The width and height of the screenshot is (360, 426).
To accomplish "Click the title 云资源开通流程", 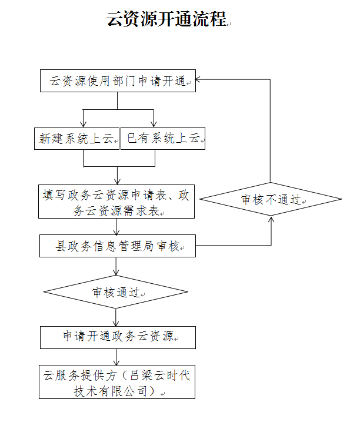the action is [x=166, y=19].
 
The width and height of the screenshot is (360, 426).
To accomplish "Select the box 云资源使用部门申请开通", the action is [x=118, y=80].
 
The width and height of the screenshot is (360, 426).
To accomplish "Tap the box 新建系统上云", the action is [x=76, y=138].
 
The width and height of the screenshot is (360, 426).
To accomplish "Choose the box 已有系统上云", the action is [x=163, y=138].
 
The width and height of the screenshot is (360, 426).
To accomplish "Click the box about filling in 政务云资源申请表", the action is [x=116, y=202].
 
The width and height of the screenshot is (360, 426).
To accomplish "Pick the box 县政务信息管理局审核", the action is [x=118, y=246].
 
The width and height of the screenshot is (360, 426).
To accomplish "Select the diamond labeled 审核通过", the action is [x=116, y=292].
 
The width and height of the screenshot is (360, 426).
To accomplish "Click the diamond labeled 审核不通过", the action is [x=271, y=199].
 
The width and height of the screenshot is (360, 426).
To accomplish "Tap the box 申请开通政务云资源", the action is [x=118, y=337].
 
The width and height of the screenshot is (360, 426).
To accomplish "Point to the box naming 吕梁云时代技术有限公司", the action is [x=117, y=382].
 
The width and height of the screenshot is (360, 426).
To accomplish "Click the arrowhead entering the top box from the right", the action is [x=198, y=79].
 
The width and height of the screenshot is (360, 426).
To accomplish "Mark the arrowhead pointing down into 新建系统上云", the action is [x=83, y=125].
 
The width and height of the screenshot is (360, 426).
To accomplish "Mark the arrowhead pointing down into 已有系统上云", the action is [x=154, y=125].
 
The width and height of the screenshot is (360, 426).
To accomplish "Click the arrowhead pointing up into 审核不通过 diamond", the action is [x=271, y=219].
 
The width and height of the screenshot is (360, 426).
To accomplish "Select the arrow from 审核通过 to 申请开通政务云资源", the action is [x=116, y=317].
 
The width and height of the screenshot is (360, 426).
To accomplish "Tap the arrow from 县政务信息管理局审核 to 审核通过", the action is [x=116, y=266].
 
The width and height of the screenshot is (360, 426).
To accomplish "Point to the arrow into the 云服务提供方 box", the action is [x=116, y=357].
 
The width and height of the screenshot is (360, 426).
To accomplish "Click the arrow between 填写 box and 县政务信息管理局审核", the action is [x=116, y=227].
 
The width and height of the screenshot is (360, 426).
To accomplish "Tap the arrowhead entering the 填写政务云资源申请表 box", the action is [x=118, y=182].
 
